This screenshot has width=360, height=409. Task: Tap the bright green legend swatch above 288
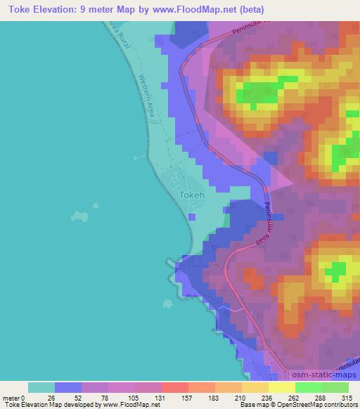click(x=308, y=387)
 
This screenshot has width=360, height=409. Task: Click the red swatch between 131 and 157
click(x=175, y=387)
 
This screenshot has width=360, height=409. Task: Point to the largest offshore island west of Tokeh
click(x=82, y=212)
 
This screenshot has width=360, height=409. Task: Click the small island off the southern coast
click(x=167, y=304)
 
